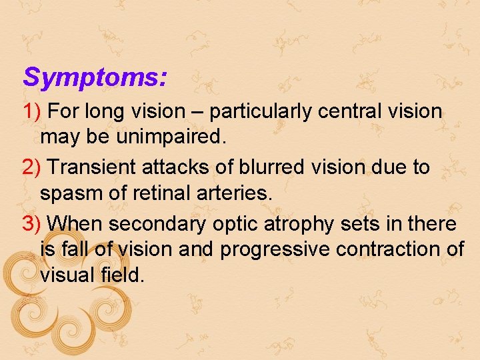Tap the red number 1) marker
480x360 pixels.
click(32, 111)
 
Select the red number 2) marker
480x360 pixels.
click(32, 167)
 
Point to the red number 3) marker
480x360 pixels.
click(32, 223)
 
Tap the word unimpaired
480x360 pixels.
click(170, 138)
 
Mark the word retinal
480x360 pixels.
click(155, 194)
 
